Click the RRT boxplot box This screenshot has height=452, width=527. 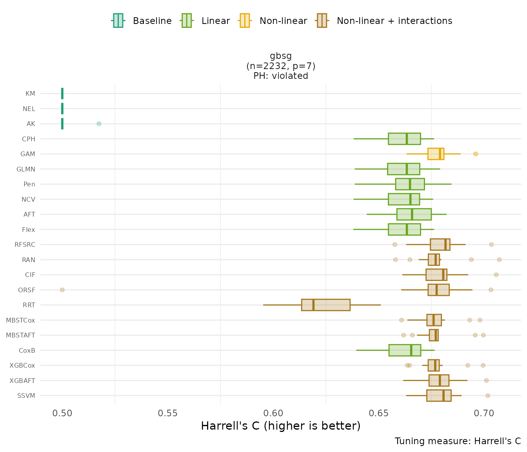325,305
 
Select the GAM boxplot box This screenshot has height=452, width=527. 436,154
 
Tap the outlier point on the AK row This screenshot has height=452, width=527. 99,124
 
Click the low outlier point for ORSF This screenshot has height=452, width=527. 62,290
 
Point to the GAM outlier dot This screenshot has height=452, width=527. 476,154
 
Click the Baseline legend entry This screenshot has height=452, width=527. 142,21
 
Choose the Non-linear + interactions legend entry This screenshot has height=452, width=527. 384,21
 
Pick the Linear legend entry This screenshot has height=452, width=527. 205,21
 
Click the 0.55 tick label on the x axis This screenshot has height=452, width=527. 167,414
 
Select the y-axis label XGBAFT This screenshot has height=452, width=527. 22,381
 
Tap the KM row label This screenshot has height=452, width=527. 30,94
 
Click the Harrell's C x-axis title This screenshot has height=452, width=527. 280,426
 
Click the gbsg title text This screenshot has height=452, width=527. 281,56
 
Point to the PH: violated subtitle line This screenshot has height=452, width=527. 281,76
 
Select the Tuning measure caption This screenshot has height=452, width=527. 458,441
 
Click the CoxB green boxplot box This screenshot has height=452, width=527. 405,350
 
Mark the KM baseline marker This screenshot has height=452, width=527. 62,94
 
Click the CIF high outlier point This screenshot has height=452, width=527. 496,275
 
